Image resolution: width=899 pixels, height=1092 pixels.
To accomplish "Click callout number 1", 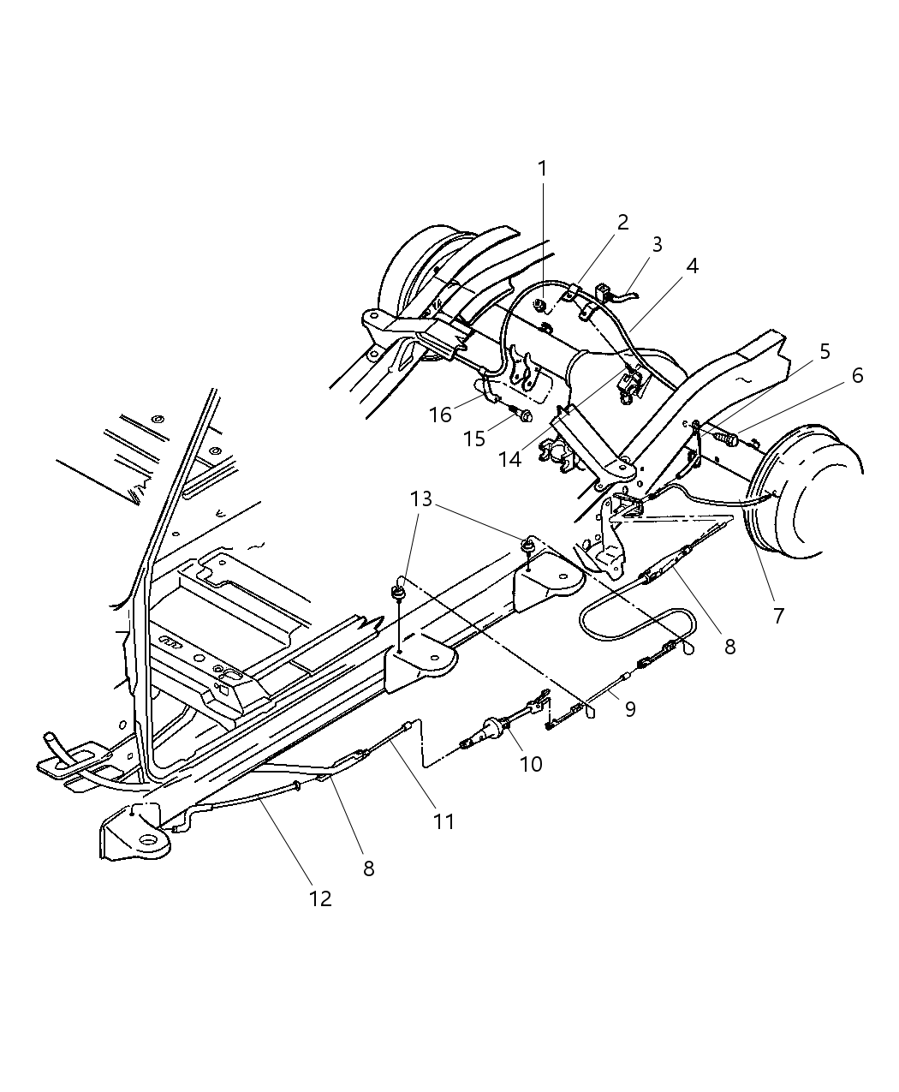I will (541, 169).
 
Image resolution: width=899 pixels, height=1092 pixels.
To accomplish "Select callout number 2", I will (622, 223).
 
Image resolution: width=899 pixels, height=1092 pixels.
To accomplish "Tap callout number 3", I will (657, 244).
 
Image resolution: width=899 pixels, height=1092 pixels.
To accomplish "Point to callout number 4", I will (691, 266).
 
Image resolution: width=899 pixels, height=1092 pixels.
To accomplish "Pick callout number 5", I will (825, 351).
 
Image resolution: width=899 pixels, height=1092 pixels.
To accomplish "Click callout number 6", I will (856, 375).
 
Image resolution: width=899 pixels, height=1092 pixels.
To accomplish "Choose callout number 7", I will (777, 615).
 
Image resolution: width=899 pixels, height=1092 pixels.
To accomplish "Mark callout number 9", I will (629, 710).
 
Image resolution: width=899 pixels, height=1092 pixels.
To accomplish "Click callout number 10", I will (531, 763).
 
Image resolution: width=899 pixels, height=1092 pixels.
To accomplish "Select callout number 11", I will (443, 821).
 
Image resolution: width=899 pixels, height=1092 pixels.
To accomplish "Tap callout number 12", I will (319, 898).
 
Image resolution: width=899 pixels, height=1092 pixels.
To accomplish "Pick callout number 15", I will (473, 439).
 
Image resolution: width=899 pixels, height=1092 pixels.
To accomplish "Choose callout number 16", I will (440, 415).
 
